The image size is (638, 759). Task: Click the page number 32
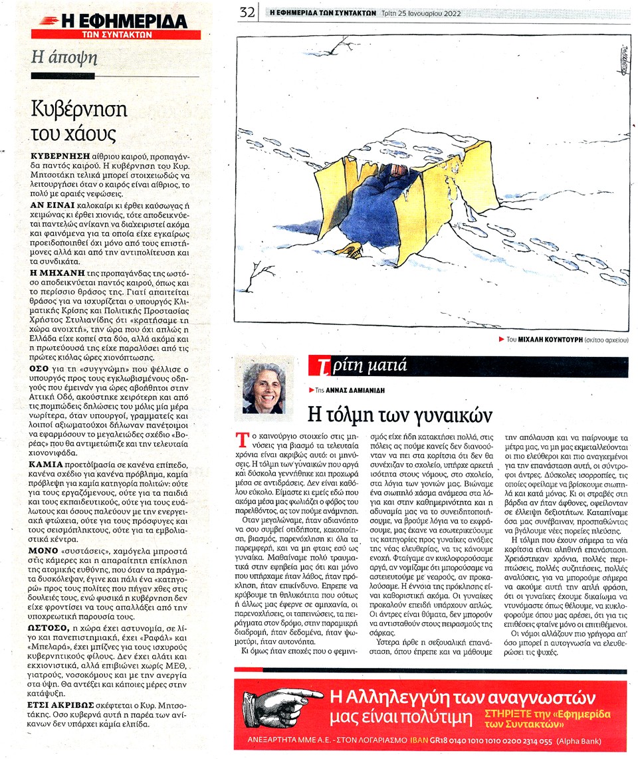click(x=248, y=12)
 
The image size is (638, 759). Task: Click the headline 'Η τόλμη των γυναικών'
click(x=401, y=414)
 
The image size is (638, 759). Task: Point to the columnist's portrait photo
click(x=264, y=388)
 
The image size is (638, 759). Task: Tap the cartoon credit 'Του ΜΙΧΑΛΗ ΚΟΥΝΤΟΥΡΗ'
click(x=543, y=340)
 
